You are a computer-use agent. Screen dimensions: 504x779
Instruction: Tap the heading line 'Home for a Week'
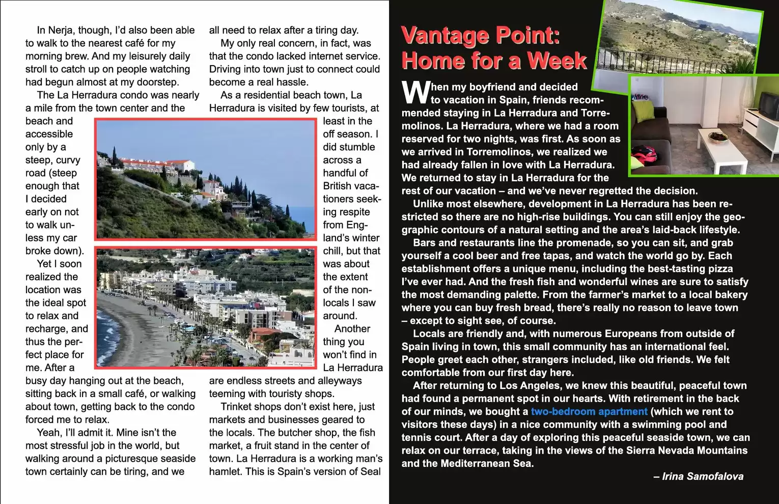pyautogui.click(x=494, y=61)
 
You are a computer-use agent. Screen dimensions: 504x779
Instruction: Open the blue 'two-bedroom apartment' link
pyautogui.click(x=589, y=411)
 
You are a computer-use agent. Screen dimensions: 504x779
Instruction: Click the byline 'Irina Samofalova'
pyautogui.click(x=702, y=477)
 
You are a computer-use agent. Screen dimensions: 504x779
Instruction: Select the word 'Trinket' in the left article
pyautogui.click(x=238, y=406)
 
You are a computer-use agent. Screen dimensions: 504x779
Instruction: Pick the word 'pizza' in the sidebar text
pyautogui.click(x=720, y=268)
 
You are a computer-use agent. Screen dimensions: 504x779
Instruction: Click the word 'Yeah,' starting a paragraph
pyautogui.click(x=49, y=432)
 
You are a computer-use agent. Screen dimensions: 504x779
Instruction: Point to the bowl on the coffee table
pyautogui.click(x=718, y=136)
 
